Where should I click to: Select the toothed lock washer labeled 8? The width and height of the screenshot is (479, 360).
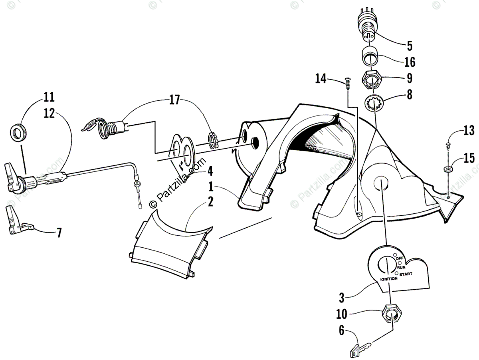tap(374, 104)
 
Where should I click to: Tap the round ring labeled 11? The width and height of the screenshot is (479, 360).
tap(18, 132)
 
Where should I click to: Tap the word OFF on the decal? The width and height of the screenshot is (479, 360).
tap(400, 259)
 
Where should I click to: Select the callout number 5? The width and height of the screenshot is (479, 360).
tap(410, 46)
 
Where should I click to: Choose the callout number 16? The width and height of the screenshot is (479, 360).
tap(410, 62)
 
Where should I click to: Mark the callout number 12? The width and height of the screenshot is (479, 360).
tap(49, 113)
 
